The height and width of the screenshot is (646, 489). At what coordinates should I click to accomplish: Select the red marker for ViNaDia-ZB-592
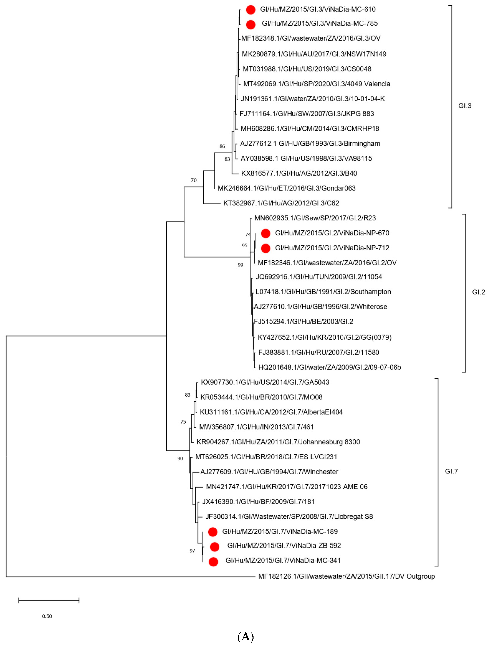click(x=214, y=547)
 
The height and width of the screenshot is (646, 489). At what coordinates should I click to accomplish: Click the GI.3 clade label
click(x=465, y=106)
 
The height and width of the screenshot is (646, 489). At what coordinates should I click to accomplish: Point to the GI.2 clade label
click(x=478, y=292)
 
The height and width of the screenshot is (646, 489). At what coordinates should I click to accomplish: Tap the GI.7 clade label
click(x=451, y=471)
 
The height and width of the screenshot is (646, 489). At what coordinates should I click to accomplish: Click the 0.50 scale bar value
click(x=47, y=616)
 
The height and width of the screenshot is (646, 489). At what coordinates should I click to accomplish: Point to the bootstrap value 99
click(x=240, y=265)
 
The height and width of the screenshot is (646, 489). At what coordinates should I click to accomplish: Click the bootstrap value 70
click(x=193, y=180)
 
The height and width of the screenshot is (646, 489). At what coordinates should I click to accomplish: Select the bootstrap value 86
click(x=222, y=146)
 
